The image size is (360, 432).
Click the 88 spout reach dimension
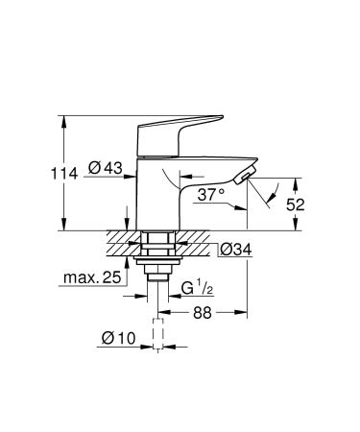(x=201, y=314)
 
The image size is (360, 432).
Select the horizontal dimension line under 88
(x=202, y=309)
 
